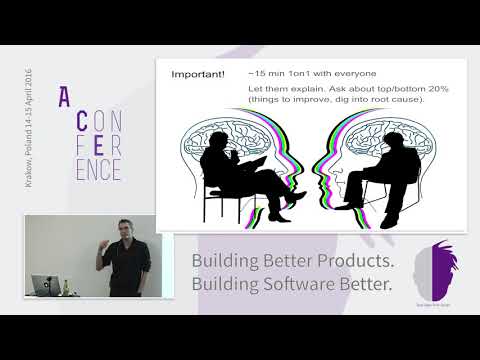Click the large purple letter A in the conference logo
coord(65,97)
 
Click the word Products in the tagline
coord(346,262)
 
